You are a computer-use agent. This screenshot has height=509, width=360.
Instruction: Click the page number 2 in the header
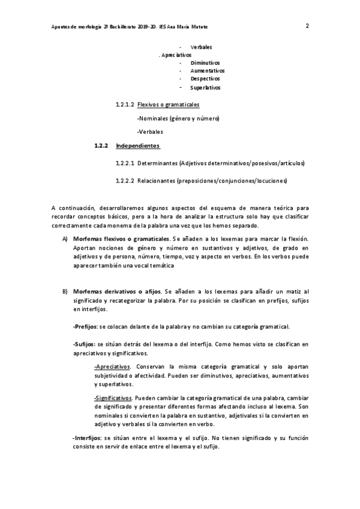tap(307, 26)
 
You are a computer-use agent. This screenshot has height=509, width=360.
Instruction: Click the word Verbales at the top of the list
tap(200, 46)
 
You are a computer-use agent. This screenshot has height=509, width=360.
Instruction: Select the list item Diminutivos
tap(205, 62)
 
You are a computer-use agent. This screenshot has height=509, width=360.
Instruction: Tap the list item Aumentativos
tap(207, 70)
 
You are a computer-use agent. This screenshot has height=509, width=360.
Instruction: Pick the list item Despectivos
tap(205, 79)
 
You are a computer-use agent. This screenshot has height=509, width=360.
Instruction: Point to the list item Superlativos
tap(205, 88)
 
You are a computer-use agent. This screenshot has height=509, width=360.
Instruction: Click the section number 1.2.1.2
tap(125, 104)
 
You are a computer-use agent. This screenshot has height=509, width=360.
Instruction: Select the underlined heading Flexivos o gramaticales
tap(168, 104)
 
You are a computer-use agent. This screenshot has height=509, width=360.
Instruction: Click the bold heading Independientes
tap(137, 145)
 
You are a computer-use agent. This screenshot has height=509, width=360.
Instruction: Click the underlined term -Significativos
tap(113, 397)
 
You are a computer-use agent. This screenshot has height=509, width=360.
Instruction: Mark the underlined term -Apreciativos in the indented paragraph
tap(112, 366)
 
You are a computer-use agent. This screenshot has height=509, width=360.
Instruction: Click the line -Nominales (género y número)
tap(178, 118)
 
